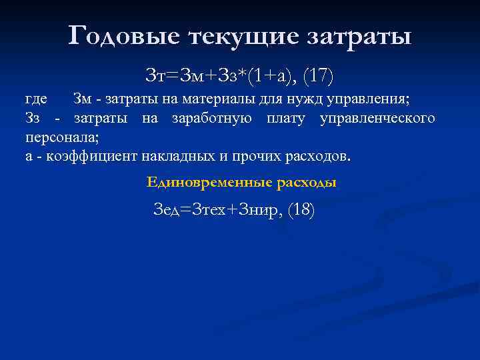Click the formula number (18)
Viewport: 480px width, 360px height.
301,210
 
